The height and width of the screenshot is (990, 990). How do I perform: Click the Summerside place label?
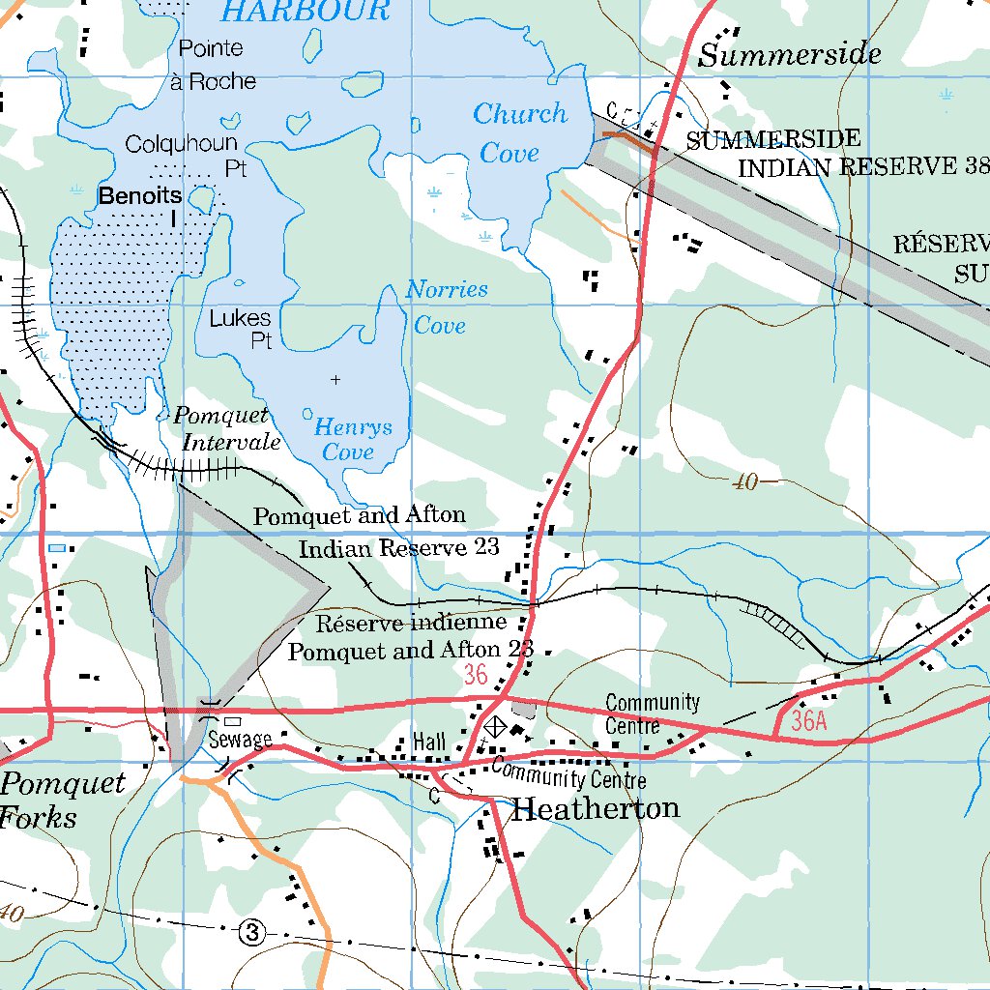coord(789,55)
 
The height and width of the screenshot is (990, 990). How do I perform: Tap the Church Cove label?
coord(518,132)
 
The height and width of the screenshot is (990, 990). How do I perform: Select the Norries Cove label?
coord(446,306)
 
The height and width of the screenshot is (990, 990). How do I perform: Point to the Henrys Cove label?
coord(352,438)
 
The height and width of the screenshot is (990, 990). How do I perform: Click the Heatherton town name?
coord(595,808)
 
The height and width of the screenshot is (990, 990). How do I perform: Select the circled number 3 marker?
coord(251,933)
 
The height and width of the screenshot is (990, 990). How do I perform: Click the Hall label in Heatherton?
coord(428,742)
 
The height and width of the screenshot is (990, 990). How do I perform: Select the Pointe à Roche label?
coord(212,65)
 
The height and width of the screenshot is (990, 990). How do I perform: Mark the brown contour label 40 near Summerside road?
coord(744,482)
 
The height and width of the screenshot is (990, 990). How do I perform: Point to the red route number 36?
coord(476,675)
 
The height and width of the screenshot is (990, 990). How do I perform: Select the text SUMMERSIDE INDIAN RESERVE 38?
coord(831,154)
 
